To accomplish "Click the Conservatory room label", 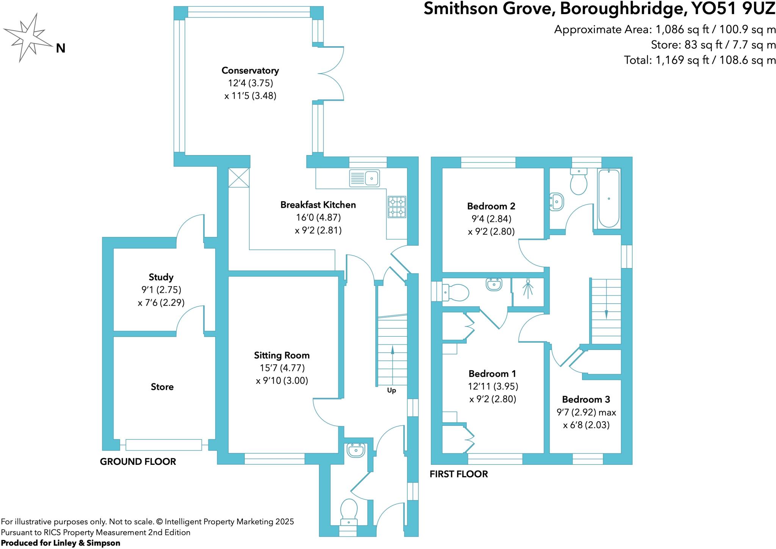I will (250, 71).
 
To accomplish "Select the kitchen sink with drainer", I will (364, 178).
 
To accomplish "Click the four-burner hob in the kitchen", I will (396, 207).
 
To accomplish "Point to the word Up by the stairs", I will (391, 391).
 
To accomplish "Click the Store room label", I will (162, 387).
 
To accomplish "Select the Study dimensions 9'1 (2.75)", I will (161, 290).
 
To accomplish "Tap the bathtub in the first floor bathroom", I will (609, 199).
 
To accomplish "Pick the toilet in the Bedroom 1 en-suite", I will (457, 292).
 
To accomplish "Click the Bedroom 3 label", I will (586, 399).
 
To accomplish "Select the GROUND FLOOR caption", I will (138, 461).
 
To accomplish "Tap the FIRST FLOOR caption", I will (458, 474).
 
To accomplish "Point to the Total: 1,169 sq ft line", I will (699, 60).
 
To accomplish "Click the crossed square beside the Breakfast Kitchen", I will (239, 177).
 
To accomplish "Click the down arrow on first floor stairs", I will (606, 314).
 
